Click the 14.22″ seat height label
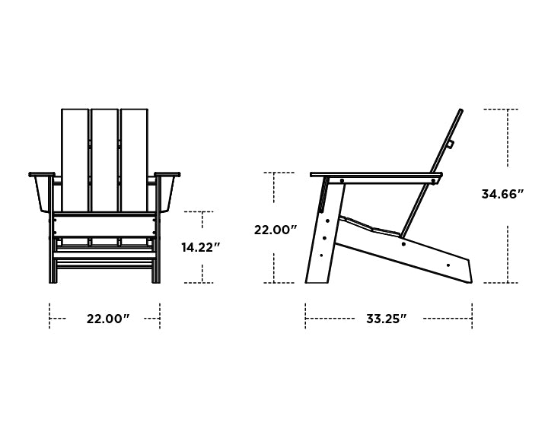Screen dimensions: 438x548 (x=201, y=247)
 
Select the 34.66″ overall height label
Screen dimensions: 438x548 (x=503, y=194)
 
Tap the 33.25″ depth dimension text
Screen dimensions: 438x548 (x=386, y=319)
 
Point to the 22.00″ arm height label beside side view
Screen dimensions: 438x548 (x=276, y=229)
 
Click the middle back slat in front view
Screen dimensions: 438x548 (x=104, y=160)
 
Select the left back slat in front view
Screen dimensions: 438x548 (x=75, y=160)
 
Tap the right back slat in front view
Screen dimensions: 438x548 (x=134, y=160)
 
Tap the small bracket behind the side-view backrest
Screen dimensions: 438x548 (x=450, y=143)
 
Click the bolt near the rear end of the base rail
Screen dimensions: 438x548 (x=448, y=265)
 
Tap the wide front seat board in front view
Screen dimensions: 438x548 (x=105, y=225)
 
